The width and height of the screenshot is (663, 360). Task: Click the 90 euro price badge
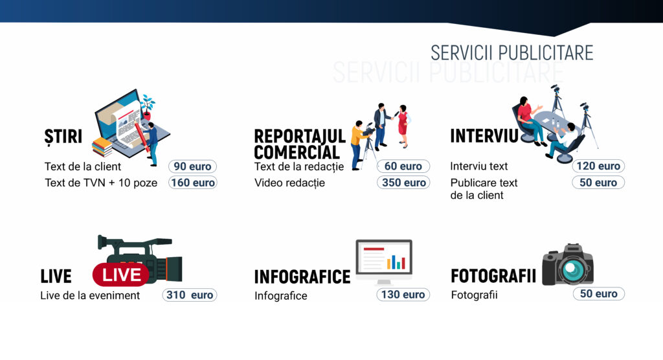click(192, 166)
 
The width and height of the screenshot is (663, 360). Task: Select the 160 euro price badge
click(192, 183)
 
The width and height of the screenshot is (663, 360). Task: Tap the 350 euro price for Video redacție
click(403, 183)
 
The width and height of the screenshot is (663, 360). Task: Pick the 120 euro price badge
click(598, 166)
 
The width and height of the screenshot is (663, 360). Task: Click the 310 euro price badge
click(190, 295)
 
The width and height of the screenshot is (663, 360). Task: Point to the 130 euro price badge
click(403, 295)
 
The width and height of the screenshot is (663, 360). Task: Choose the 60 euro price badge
click(403, 166)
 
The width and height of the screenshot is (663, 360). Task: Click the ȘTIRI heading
click(63, 137)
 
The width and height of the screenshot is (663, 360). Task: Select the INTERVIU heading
click(484, 136)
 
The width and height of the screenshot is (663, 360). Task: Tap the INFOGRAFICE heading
click(302, 277)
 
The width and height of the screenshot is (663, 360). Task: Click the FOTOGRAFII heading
click(493, 276)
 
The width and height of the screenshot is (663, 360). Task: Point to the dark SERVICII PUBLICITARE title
click(511, 53)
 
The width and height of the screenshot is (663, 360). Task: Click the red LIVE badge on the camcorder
click(121, 275)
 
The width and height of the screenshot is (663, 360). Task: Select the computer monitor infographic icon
click(384, 262)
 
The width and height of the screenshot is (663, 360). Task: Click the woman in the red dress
click(403, 126)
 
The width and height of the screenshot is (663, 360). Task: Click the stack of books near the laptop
click(102, 147)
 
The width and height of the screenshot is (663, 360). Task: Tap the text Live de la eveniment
click(90, 295)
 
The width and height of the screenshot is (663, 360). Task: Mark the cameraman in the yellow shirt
click(359, 144)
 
